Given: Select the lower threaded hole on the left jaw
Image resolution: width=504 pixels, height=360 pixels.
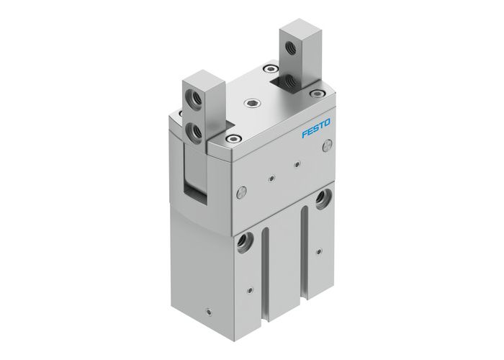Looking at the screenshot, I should tap(196, 130).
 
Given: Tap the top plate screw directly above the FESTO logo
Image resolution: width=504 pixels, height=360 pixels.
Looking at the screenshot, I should tap(314, 93).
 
